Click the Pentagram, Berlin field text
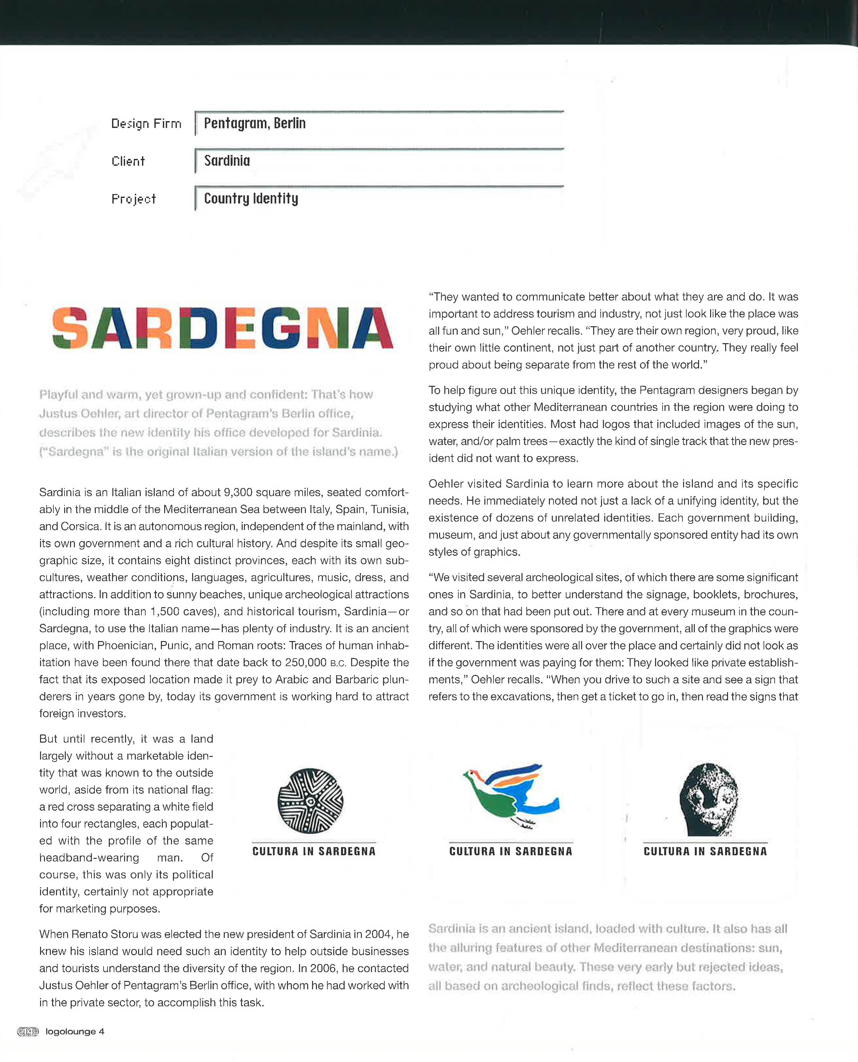pos(255,123)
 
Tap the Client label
pos(128,161)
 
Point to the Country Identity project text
pos(251,199)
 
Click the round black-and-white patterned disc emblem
pos(310,801)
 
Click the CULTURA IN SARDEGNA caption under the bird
pos(511,851)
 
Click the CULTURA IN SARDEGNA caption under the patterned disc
pos(314,851)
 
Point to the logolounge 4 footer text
pos(75,1031)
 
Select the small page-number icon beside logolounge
pos(28,1031)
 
